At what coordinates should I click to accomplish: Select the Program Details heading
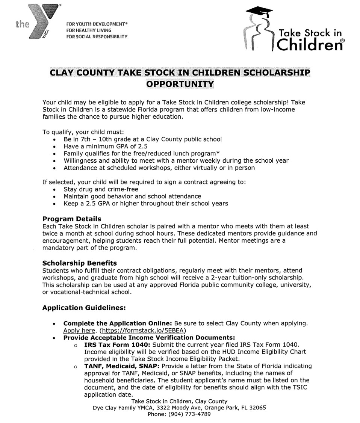(x=72, y=219)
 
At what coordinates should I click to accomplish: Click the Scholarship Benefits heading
(x=80, y=263)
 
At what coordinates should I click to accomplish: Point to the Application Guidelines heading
(x=83, y=307)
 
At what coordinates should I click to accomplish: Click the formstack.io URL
(x=149, y=330)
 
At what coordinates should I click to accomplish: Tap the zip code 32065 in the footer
(x=257, y=407)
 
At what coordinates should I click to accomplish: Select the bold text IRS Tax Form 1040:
(x=118, y=344)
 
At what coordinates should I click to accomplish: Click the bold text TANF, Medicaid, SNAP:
(x=122, y=366)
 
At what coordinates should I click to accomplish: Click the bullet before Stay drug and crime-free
(x=55, y=189)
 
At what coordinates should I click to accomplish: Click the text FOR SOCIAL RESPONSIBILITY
(x=97, y=36)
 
